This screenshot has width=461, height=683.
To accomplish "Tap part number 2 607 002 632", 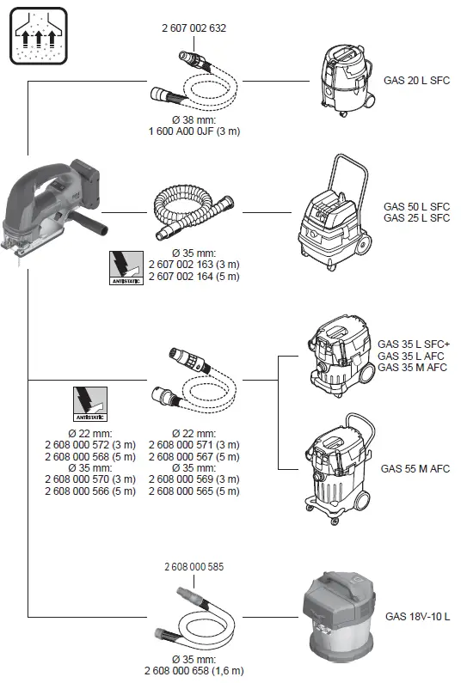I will pos(194,28).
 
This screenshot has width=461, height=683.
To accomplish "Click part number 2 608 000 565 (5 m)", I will pos(194,491).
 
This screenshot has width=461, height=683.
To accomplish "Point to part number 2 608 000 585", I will pos(194,568).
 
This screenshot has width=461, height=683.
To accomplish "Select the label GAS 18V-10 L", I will pos(417,616).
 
